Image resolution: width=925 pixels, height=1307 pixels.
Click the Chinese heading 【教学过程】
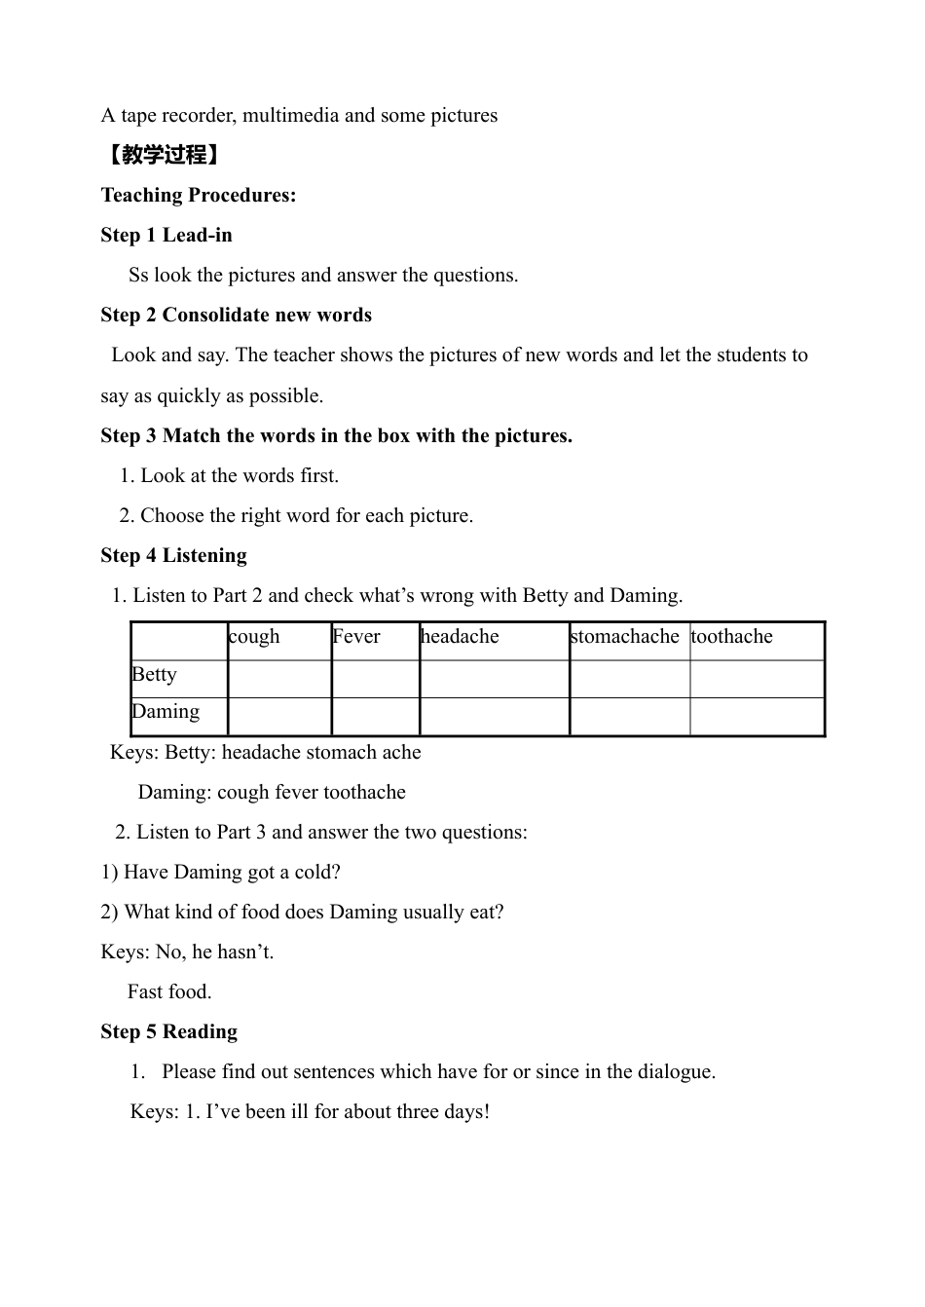162,155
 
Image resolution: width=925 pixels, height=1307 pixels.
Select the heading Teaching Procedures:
199,195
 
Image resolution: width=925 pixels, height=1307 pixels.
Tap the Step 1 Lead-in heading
166,235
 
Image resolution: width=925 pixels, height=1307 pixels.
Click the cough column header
254,637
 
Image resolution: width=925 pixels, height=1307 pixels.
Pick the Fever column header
356,637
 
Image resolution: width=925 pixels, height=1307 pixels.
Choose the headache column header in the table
460,637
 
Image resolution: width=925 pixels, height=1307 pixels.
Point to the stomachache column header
625,637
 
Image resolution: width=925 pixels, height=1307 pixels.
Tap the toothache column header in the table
732,637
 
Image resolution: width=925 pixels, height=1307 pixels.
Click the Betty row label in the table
155,675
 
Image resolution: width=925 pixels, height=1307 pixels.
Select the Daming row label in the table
166,712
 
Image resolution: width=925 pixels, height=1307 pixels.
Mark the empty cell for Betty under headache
494,679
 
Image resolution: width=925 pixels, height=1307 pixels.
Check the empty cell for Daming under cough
279,717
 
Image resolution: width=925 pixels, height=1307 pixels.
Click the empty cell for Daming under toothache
757,717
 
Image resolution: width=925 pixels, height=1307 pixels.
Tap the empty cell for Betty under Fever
375,679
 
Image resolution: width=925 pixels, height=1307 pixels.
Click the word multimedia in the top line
290,115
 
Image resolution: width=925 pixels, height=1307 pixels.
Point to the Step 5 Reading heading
169,1031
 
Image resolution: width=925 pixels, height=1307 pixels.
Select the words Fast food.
169,991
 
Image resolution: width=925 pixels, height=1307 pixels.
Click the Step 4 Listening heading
174,555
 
